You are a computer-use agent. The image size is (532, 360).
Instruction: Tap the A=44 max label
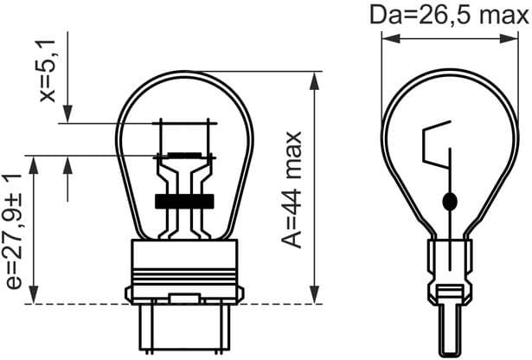(293, 189)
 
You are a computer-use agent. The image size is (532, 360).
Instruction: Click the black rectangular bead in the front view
(183, 201)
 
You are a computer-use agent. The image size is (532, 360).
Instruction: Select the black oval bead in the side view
(448, 202)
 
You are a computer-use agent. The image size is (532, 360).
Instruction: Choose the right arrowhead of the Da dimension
(510, 38)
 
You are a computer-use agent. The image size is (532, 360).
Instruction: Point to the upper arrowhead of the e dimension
(34, 164)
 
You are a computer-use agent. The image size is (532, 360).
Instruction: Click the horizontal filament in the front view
(183, 157)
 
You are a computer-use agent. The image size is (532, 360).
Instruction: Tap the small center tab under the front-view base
(183, 299)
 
